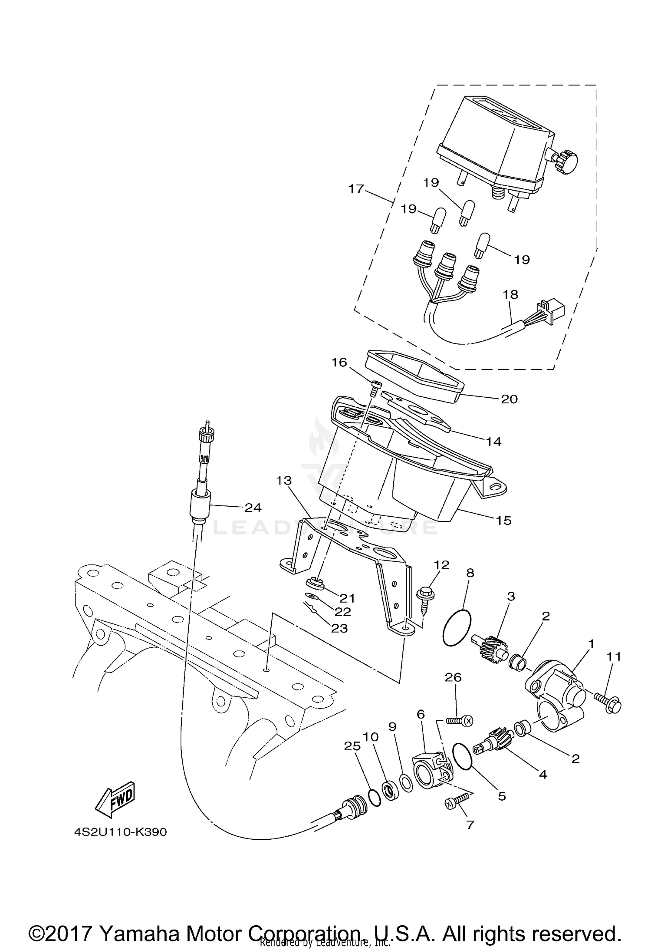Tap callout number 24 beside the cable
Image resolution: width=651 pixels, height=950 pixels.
click(253, 507)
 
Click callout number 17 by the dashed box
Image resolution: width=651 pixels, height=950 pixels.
click(356, 189)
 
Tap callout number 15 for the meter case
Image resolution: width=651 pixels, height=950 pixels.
click(503, 520)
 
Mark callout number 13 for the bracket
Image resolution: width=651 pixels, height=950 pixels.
click(284, 481)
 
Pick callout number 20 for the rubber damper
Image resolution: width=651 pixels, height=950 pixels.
click(509, 399)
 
